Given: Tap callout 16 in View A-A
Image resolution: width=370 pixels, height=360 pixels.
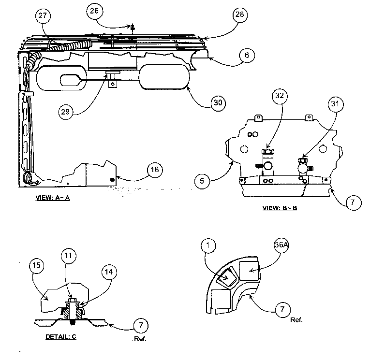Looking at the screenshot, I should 155,170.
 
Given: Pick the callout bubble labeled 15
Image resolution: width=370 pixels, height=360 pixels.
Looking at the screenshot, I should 37,265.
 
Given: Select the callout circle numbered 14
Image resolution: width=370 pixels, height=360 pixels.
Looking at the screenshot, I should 110,272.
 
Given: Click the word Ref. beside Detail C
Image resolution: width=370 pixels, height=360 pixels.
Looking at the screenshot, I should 139,339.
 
